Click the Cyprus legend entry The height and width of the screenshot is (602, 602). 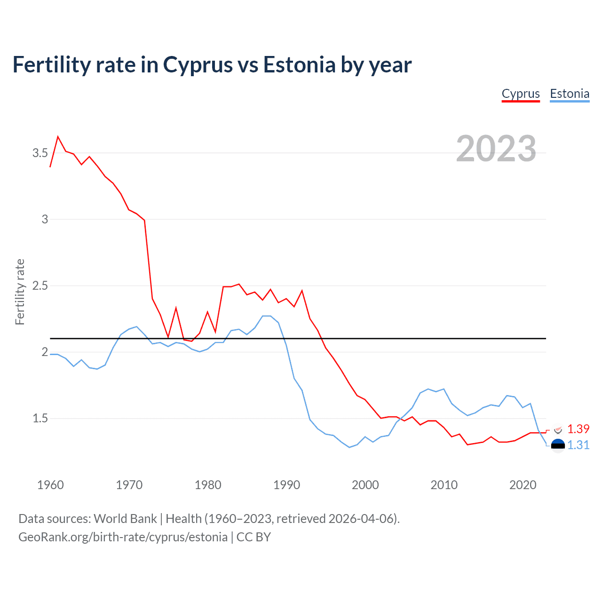[x=521, y=94]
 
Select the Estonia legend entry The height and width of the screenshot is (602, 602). [x=570, y=94]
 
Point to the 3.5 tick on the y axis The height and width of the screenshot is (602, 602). [x=40, y=153]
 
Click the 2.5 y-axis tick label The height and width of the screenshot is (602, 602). [x=40, y=285]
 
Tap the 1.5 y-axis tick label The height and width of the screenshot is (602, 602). [x=40, y=418]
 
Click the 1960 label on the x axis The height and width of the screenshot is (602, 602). [x=50, y=485]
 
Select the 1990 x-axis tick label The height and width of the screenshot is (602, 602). [x=286, y=485]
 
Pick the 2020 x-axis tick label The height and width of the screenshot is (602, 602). [x=523, y=485]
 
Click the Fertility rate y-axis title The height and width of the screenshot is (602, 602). [x=20, y=292]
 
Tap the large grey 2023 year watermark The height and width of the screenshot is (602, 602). [x=496, y=149]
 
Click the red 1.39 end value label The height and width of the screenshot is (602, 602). [x=578, y=429]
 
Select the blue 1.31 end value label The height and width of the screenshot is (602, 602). [x=578, y=445]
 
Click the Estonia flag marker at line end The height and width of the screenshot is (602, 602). [x=558, y=445]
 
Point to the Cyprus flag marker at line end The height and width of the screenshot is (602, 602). [x=558, y=429]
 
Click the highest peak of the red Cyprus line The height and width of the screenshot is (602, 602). [x=58, y=137]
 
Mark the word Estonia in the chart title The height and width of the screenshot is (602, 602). [x=299, y=65]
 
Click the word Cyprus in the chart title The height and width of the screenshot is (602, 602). [x=198, y=65]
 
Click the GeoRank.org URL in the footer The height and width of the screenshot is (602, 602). [x=123, y=537]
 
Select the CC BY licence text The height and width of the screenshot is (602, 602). [x=253, y=537]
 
